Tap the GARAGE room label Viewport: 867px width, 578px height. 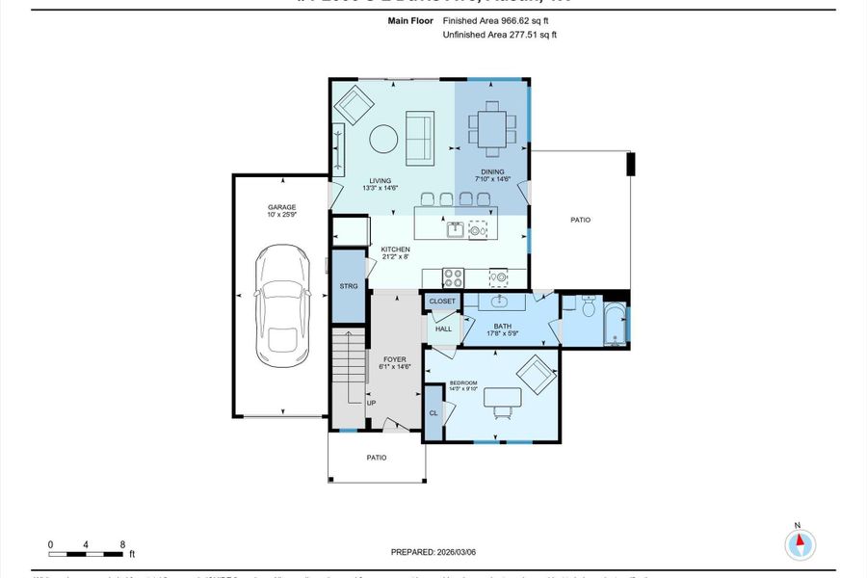pyautogui.click(x=281, y=207)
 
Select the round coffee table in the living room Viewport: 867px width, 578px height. pyautogui.click(x=384, y=140)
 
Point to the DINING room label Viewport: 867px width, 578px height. pyautogui.click(x=490, y=172)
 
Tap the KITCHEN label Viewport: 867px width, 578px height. pyautogui.click(x=396, y=250)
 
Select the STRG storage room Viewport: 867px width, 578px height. pyautogui.click(x=349, y=286)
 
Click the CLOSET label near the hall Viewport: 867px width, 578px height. pyautogui.click(x=442, y=302)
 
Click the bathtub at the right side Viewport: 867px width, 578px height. pyautogui.click(x=615, y=324)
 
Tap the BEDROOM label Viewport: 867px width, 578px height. pyautogui.click(x=462, y=383)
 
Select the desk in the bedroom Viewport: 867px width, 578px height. pyautogui.click(x=502, y=396)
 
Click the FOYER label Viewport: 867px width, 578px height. pyautogui.click(x=396, y=360)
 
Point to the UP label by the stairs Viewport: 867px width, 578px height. pyautogui.click(x=370, y=403)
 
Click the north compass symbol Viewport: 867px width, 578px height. pyautogui.click(x=799, y=544)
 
